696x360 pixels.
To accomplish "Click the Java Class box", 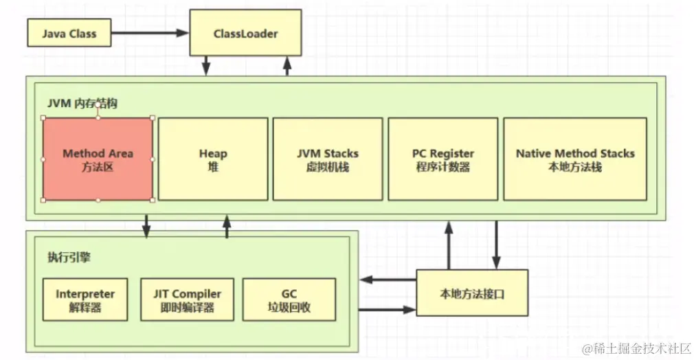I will (69, 33).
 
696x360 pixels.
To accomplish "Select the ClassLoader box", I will (245, 33).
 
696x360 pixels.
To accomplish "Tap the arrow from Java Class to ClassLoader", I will (150, 33).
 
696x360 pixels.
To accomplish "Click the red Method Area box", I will (98, 159).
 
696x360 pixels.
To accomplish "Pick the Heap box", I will (213, 159).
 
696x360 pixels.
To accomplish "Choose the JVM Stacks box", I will (328, 159).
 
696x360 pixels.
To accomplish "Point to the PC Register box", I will (442, 159).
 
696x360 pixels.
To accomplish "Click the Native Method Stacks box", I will (575, 159).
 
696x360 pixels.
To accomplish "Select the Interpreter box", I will (85, 300).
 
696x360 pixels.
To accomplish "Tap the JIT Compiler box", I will (187, 300).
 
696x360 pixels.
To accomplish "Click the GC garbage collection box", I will (289, 300).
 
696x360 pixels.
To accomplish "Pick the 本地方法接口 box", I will (474, 293).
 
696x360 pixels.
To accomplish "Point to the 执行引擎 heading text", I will (69, 258).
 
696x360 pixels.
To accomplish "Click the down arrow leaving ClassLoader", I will (205, 66).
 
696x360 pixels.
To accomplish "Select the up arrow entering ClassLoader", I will (287, 66).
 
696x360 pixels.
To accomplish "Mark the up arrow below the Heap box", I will (227, 226).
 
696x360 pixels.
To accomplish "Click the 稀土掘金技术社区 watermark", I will (636, 348).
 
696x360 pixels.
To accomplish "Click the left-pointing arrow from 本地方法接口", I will (388, 280).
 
